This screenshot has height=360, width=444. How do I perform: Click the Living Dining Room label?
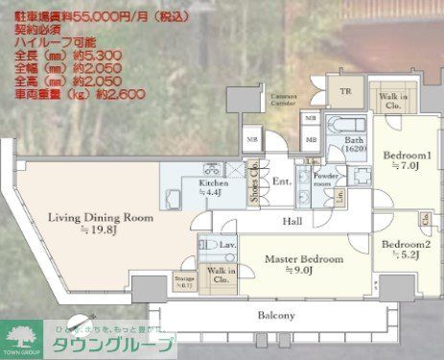pos(101,219)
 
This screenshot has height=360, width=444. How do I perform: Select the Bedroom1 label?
pos(408,156)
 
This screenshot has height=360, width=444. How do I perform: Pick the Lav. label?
pos(226,246)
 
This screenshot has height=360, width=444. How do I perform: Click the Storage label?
pos(184,280)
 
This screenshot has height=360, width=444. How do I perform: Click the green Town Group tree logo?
pos(20,337)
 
